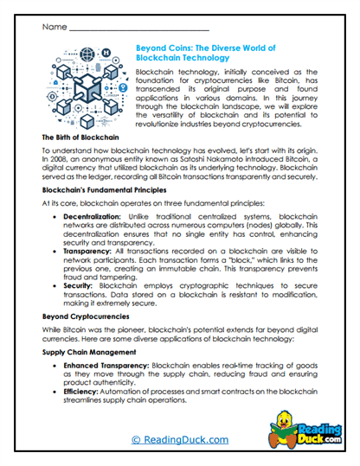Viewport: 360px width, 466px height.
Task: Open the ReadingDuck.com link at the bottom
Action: (x=179, y=439)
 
